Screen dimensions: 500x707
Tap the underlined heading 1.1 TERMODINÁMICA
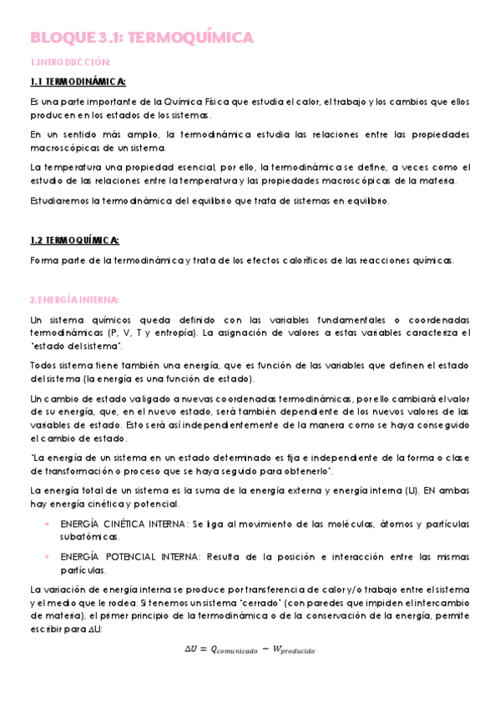(78, 81)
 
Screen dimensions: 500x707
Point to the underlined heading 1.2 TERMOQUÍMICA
(74, 240)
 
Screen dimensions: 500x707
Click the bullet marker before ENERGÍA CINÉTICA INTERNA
(46, 523)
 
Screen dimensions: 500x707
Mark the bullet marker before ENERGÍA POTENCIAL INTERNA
(46, 557)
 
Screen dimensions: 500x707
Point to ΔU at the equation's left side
(194, 647)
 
